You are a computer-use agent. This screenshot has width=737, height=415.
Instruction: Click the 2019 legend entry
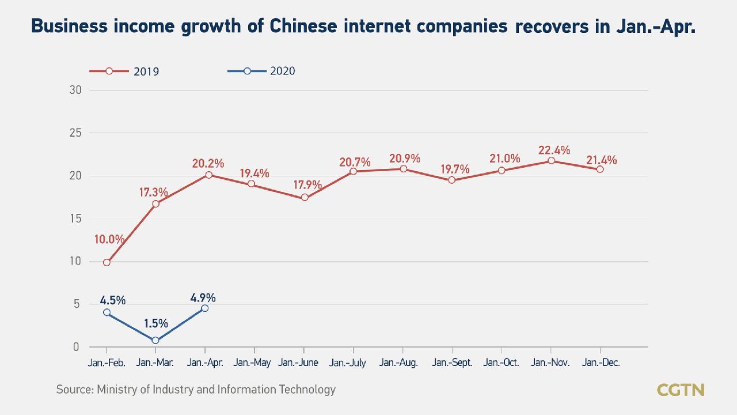(x=124, y=71)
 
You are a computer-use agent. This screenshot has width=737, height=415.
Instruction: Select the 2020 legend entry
(x=261, y=71)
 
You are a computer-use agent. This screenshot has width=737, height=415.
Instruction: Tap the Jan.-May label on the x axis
(x=253, y=363)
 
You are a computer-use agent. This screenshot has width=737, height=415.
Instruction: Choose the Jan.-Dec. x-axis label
(x=601, y=363)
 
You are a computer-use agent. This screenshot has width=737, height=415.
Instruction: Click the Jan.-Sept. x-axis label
(x=452, y=363)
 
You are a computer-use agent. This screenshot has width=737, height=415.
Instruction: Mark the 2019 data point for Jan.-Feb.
(x=107, y=262)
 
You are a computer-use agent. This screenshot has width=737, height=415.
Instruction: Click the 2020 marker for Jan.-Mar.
(x=155, y=340)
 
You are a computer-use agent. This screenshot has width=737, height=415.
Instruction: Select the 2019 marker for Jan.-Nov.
(x=551, y=160)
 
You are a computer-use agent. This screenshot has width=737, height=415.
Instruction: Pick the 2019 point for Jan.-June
(x=305, y=198)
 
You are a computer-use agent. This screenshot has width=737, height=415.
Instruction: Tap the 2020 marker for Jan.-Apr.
(x=204, y=308)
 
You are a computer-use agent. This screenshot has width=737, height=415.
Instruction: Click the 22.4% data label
(x=554, y=150)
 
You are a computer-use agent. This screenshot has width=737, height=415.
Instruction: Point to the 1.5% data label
(x=155, y=323)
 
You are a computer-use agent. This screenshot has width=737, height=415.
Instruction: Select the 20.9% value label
(x=405, y=159)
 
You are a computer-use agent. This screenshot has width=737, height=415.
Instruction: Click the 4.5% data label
(x=112, y=300)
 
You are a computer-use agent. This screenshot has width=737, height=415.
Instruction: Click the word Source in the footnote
(x=74, y=390)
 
